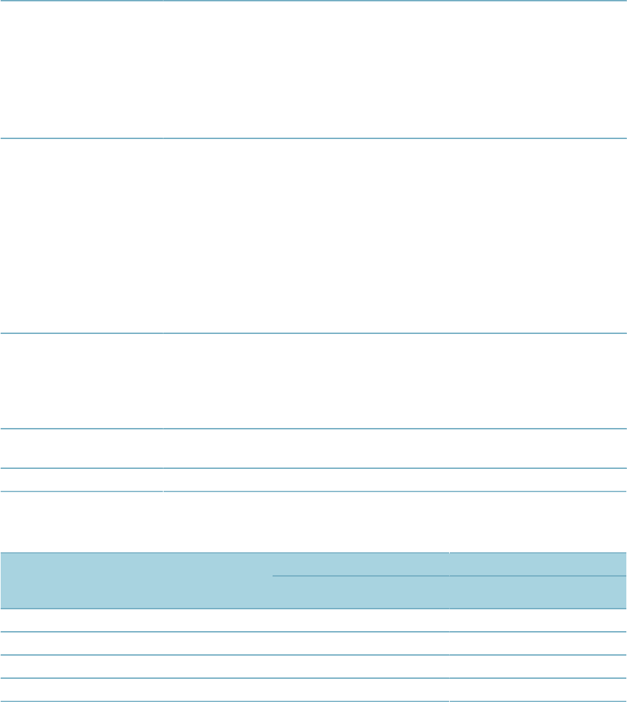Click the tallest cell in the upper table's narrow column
point(81,236)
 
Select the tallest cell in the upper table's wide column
point(395,236)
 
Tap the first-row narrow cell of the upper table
point(81,70)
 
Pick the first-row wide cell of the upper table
point(395,70)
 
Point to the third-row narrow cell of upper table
point(81,380)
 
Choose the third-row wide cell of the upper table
point(395,380)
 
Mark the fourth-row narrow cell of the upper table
point(81,448)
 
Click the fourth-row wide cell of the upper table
point(395,448)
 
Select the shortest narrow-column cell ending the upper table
point(81,480)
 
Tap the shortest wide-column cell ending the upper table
point(395,480)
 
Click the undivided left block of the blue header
point(136,579)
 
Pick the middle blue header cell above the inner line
point(361,564)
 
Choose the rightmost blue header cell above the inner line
point(538,564)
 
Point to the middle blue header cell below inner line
point(361,592)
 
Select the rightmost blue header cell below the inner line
point(538,592)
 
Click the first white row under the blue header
point(313,620)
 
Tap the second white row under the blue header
point(313,643)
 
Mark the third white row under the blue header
point(313,667)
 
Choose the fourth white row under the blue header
point(313,690)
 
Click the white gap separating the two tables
point(313,521)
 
